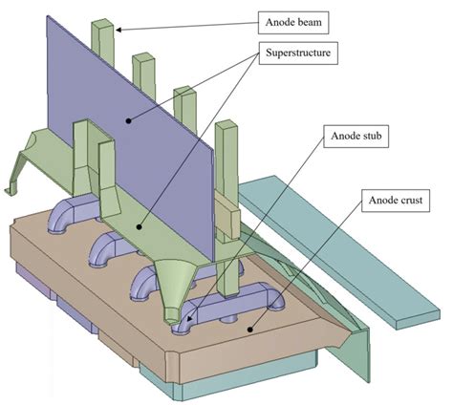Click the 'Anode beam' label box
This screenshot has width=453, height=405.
299,18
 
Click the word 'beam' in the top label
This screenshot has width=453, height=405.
314,18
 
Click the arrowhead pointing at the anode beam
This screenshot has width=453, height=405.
119,29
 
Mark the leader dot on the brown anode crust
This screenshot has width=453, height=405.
251,330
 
